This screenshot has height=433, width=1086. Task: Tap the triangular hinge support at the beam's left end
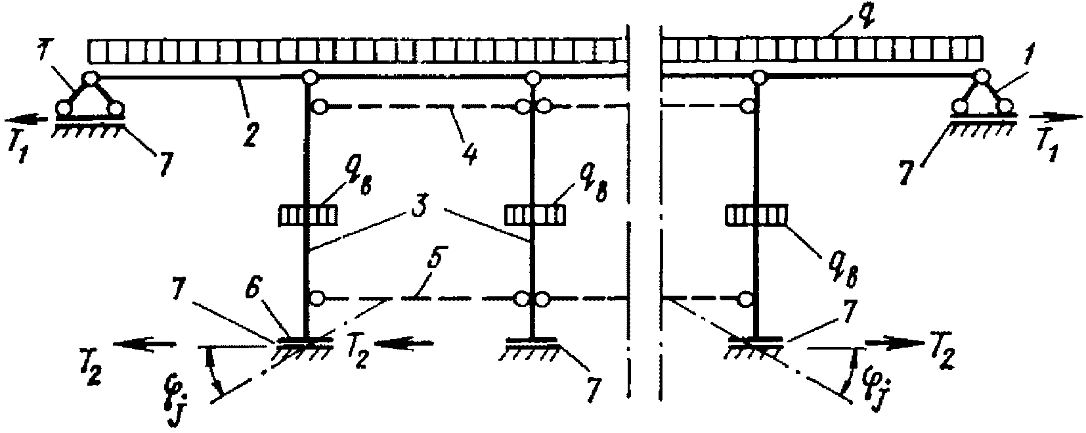[x=89, y=94]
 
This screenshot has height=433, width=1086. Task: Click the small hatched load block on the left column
[x=309, y=216]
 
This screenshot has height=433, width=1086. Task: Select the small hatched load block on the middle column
[x=533, y=216]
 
